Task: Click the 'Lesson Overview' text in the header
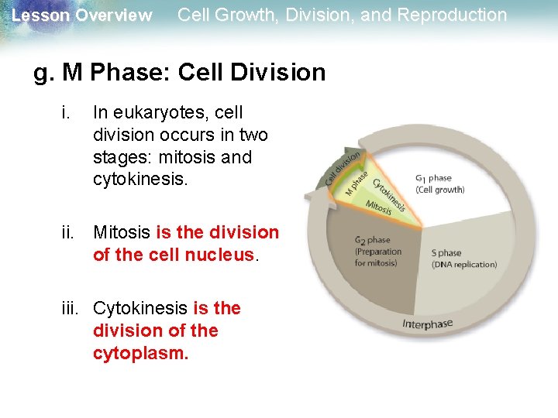point(82,15)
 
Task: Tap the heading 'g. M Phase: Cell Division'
point(180,73)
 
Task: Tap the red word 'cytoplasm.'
point(140,354)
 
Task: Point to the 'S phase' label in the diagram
point(446,253)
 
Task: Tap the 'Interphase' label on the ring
point(427,324)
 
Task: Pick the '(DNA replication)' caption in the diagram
point(464,265)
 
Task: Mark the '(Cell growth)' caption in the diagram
point(439,190)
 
